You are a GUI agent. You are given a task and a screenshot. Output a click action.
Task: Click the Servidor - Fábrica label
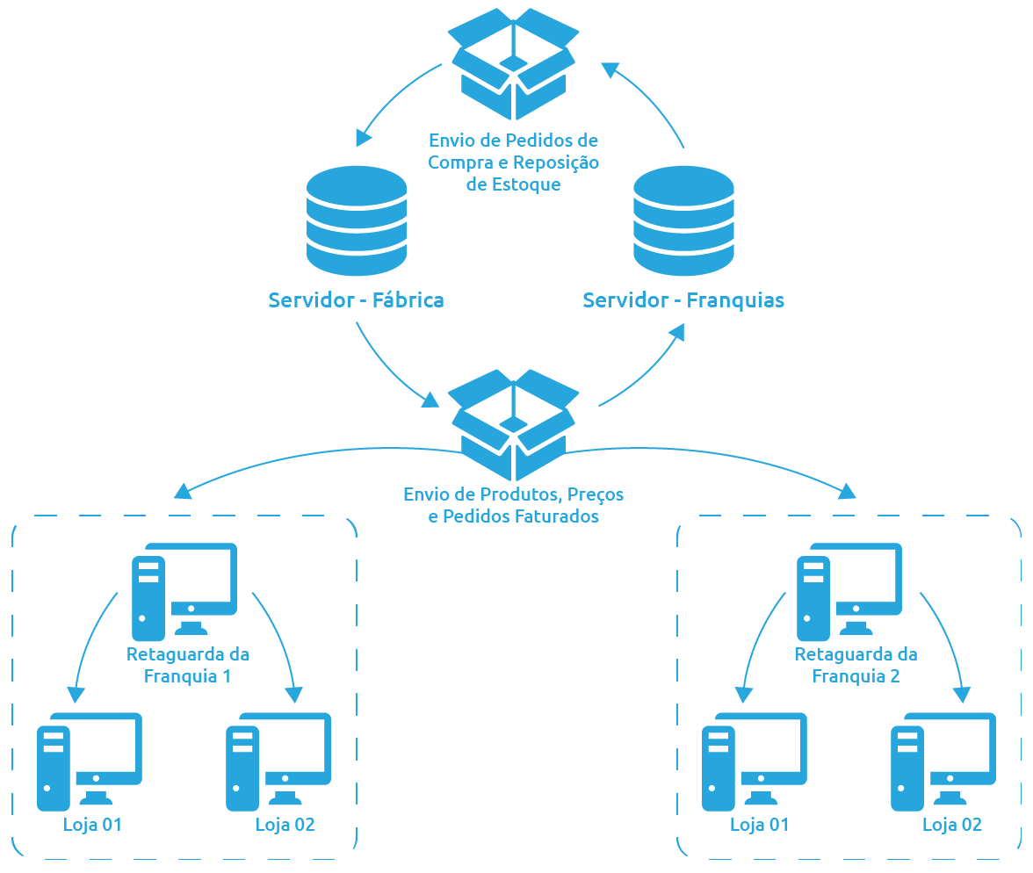point(356,300)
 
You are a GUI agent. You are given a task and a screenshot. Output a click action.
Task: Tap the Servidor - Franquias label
point(683,300)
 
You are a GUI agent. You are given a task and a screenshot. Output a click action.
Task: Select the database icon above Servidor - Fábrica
point(357,221)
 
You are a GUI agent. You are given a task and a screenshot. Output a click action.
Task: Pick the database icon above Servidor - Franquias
point(683,221)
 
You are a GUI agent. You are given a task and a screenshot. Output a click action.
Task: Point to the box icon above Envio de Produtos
point(514,423)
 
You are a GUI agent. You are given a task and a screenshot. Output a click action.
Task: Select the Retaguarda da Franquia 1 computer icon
point(184,590)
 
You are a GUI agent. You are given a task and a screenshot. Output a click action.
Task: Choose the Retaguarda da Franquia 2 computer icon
point(849,590)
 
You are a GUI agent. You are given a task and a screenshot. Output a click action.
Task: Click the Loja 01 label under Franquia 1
point(92,825)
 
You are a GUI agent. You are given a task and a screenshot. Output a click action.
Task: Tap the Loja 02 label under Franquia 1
point(285,825)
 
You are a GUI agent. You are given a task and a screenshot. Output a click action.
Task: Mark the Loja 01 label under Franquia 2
point(759,825)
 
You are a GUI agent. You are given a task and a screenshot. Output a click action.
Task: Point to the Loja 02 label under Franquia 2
point(951,825)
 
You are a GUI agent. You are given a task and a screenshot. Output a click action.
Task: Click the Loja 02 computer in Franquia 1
point(278,761)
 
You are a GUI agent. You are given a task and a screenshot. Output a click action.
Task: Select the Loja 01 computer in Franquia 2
point(755,761)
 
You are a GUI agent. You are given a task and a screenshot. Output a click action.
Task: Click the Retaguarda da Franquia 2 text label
point(856,665)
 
